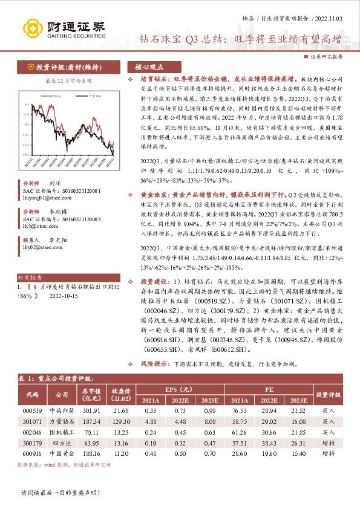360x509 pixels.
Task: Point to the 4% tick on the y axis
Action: point(26,104)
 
